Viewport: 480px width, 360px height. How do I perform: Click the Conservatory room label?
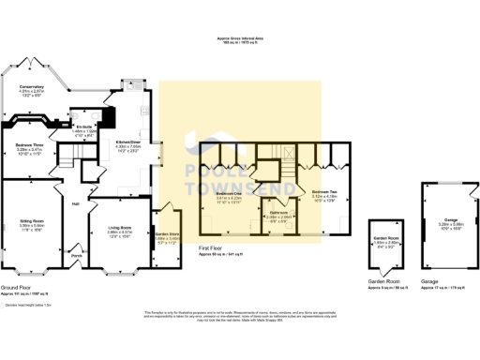coord(33,87)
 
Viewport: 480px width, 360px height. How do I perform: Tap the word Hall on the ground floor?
coord(73,202)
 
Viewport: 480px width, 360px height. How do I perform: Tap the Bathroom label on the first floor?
coord(278,213)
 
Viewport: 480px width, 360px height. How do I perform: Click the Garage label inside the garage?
coord(438,221)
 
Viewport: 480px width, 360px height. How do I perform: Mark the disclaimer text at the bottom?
coord(240,314)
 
